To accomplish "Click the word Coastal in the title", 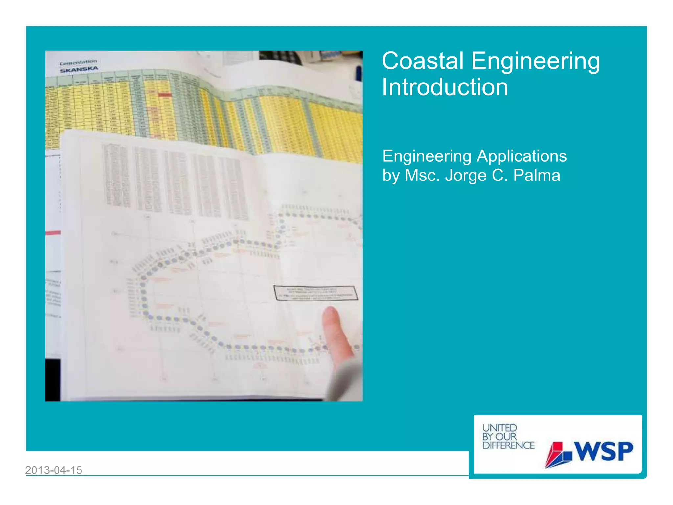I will (423, 61).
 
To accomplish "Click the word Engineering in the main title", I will (536, 61).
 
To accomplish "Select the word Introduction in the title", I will (445, 87).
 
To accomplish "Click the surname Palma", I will (537, 175).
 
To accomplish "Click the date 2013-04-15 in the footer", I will (54, 470).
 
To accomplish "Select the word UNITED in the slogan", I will (499, 428).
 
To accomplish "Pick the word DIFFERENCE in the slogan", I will (508, 445).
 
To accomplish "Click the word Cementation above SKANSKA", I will (78, 62).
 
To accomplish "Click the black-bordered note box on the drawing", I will (315, 293).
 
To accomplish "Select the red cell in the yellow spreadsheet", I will (164, 95).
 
